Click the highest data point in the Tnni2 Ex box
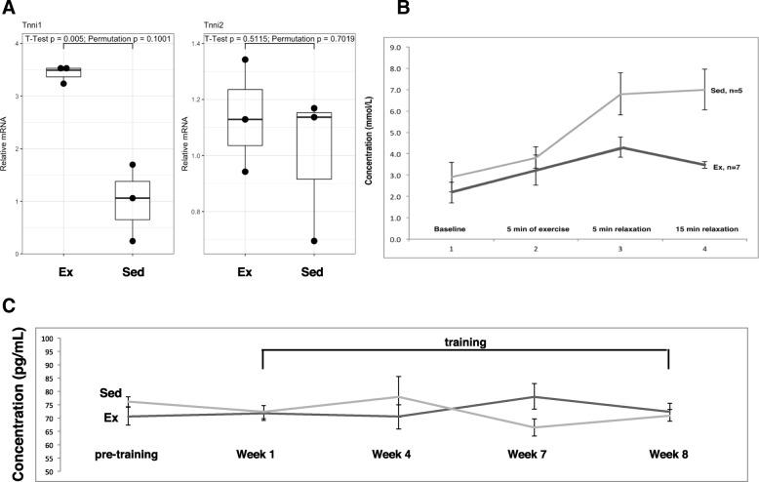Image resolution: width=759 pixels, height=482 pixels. coord(245,60)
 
